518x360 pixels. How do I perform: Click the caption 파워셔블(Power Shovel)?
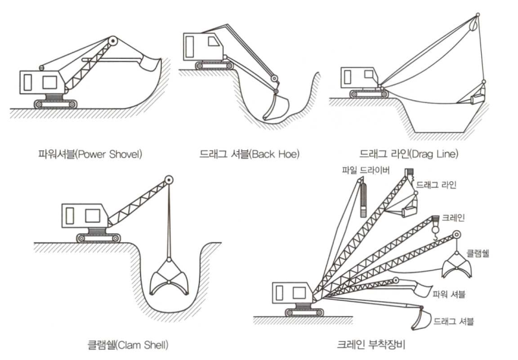pos(90,155)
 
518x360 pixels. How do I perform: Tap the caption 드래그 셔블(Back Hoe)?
pos(249,155)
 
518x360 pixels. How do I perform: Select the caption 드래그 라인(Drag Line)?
pos(409,154)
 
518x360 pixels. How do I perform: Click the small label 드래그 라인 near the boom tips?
pos(436,185)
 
